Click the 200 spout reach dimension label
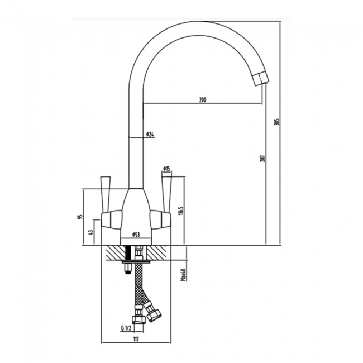tap(202, 100)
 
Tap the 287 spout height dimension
tap(261, 158)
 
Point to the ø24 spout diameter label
tap(150, 135)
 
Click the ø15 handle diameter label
tap(166, 168)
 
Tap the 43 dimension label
tap(91, 232)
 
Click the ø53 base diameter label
tap(136, 235)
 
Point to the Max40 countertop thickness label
tap(183, 275)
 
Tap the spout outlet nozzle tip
tap(260, 79)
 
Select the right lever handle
tap(166, 193)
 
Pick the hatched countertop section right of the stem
tap(159, 252)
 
